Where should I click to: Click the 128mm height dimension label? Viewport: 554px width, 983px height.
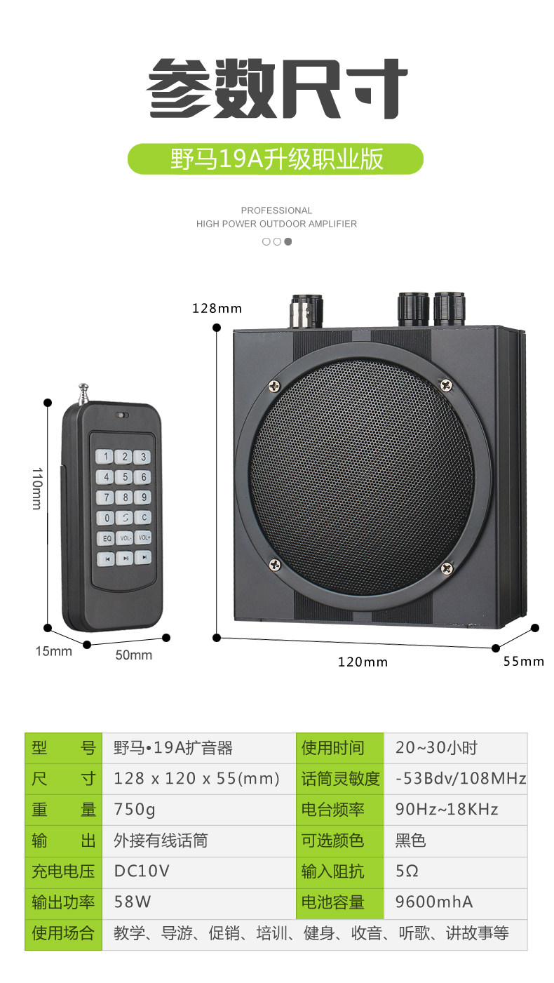click(217, 308)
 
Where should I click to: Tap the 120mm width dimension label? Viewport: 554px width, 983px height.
click(363, 662)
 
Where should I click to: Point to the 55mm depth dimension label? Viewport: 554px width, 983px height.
click(523, 661)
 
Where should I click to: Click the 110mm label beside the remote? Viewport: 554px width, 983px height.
click(36, 489)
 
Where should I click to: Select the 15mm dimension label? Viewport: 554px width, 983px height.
click(54, 651)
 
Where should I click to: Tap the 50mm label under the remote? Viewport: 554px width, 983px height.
click(133, 655)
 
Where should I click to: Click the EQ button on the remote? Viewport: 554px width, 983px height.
click(106, 538)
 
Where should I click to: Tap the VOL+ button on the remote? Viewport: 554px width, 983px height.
click(143, 537)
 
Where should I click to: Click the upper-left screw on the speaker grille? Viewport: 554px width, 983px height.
click(273, 385)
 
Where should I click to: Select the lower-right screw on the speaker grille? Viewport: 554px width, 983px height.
click(445, 568)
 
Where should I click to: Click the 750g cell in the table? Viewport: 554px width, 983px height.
click(135, 809)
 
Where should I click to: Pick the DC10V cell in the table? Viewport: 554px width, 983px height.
click(142, 871)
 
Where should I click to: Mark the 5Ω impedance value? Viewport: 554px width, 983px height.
click(407, 871)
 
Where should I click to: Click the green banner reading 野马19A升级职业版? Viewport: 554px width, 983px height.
click(276, 159)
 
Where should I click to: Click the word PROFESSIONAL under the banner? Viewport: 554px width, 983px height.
click(276, 210)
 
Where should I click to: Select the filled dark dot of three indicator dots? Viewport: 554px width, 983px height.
click(288, 241)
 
